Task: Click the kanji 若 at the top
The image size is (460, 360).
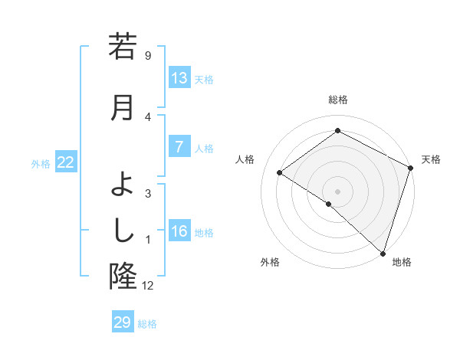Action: coord(123,47)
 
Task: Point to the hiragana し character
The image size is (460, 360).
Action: coord(123,228)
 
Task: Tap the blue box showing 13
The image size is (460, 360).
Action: coord(179,78)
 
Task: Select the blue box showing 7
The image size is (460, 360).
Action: coord(179,148)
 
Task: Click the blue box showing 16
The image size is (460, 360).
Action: coord(179,232)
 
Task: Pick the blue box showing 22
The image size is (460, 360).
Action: coord(66,162)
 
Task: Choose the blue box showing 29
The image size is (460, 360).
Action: coord(123,322)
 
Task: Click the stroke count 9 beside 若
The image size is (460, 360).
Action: coord(148,55)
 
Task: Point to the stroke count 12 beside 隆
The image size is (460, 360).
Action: coord(148,286)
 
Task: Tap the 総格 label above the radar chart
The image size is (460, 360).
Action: coord(337,100)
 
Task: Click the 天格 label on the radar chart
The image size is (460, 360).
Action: coord(431,159)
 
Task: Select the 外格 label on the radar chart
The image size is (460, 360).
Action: coord(270,262)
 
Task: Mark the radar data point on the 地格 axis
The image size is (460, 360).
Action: coord(383,253)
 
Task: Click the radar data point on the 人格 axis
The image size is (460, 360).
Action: coord(280,172)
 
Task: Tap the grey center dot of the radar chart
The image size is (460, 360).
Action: coord(337,191)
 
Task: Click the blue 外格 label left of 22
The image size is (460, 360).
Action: coord(41,163)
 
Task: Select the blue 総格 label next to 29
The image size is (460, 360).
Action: coord(148,324)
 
